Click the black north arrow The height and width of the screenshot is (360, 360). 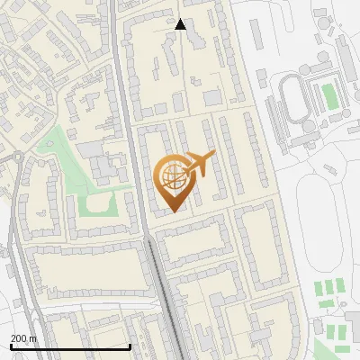[180, 24]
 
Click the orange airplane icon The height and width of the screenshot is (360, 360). [200, 165]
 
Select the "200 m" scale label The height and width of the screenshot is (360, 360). [23, 338]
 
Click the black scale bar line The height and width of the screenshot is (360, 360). [70, 346]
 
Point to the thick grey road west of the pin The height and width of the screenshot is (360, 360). [130, 180]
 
